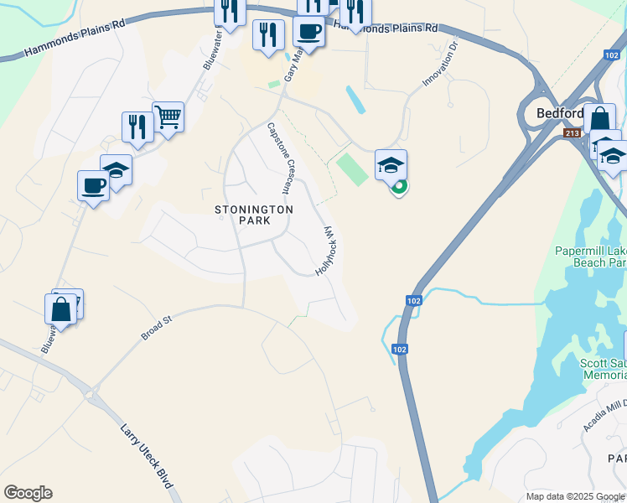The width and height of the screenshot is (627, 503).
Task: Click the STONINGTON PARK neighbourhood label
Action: point(253,215)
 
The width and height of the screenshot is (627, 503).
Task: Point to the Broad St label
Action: point(156,327)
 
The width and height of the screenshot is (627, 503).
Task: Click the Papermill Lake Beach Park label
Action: point(591,257)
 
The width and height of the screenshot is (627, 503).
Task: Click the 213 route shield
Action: point(573,133)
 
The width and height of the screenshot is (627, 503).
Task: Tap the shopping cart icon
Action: point(168,117)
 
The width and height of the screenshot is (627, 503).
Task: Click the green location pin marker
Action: point(400,187)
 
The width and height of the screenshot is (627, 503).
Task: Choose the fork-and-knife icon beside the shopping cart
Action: point(137,127)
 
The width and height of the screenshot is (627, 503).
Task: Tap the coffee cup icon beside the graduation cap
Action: point(94,185)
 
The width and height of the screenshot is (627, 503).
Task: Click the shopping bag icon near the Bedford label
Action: point(599,119)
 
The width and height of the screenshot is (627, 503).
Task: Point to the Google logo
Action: point(28,493)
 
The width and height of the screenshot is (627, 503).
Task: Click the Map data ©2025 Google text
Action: point(576,496)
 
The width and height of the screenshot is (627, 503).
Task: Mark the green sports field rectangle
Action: point(352,169)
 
